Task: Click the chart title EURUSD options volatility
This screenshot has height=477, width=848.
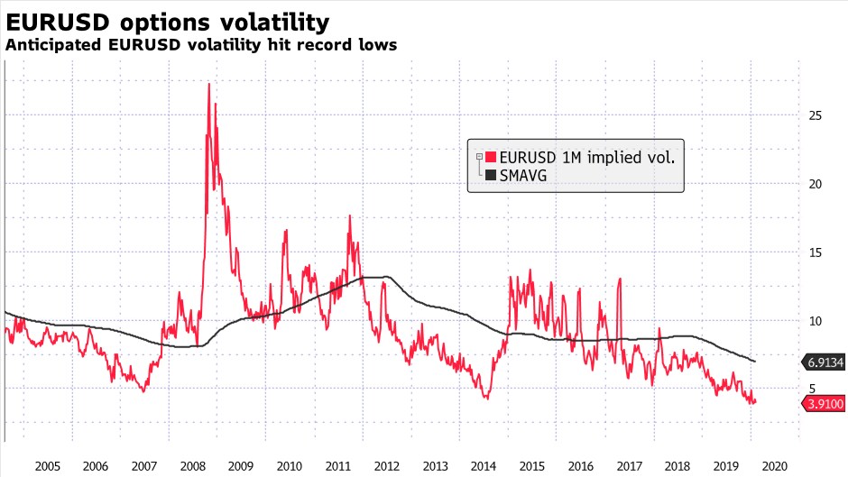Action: pyautogui.click(x=167, y=21)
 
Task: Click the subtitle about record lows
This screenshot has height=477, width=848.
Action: pyautogui.click(x=201, y=44)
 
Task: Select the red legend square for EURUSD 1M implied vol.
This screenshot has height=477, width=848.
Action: pyautogui.click(x=491, y=157)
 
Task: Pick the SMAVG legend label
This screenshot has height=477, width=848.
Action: pyautogui.click(x=523, y=176)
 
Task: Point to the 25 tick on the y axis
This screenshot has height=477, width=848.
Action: pyautogui.click(x=815, y=115)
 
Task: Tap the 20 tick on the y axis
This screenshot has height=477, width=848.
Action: pyautogui.click(x=815, y=184)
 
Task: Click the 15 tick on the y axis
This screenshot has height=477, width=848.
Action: pyautogui.click(x=815, y=252)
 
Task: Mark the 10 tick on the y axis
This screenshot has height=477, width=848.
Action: pyautogui.click(x=815, y=321)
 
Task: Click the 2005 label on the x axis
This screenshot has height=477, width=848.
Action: pyautogui.click(x=47, y=466)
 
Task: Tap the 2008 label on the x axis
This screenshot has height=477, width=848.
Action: pyautogui.click(x=192, y=466)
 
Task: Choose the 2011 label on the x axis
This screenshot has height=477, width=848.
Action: pyautogui.click(x=337, y=466)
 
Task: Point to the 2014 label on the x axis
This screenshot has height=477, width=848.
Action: pyautogui.click(x=484, y=466)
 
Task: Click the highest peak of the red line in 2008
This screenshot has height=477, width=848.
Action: pyautogui.click(x=209, y=84)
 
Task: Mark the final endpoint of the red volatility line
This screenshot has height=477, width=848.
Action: pyautogui.click(x=755, y=401)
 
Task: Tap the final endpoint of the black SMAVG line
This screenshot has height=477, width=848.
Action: pyautogui.click(x=755, y=362)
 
